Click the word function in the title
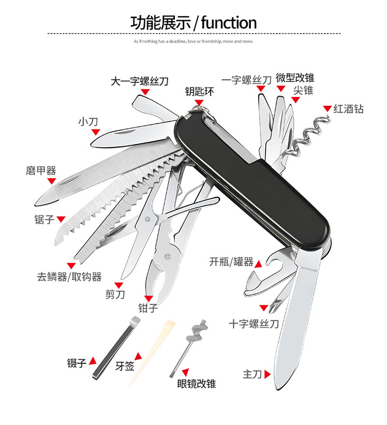228,23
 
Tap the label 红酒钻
348,109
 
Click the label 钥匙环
199,92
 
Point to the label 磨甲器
41,171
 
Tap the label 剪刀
115,295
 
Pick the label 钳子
148,308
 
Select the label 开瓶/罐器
231,262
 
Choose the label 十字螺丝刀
254,324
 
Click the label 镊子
76,363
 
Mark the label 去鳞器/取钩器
69,277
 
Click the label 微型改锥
295,78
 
